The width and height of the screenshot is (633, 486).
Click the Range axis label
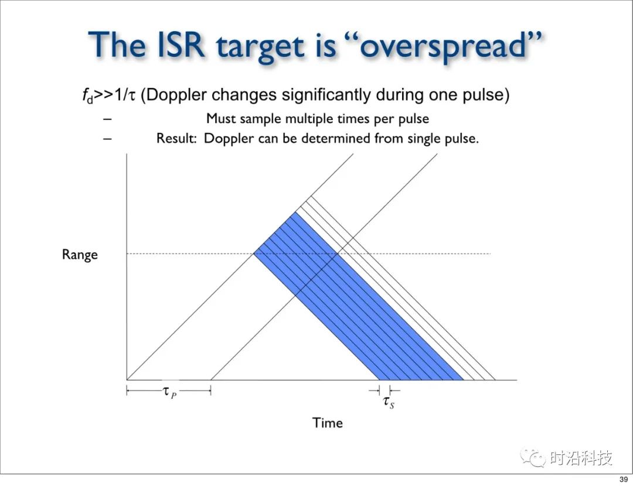coord(80,255)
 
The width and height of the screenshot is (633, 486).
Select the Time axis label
coord(328,423)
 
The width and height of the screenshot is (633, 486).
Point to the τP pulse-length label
coord(169,392)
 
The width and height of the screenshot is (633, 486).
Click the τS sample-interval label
coord(389,402)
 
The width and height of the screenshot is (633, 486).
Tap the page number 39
coord(624,480)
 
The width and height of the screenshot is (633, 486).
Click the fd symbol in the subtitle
coord(87,96)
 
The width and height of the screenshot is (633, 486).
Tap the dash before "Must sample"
coord(107,119)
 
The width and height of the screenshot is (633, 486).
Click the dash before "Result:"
coord(107,139)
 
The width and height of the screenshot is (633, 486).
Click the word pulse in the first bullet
coord(413,119)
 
